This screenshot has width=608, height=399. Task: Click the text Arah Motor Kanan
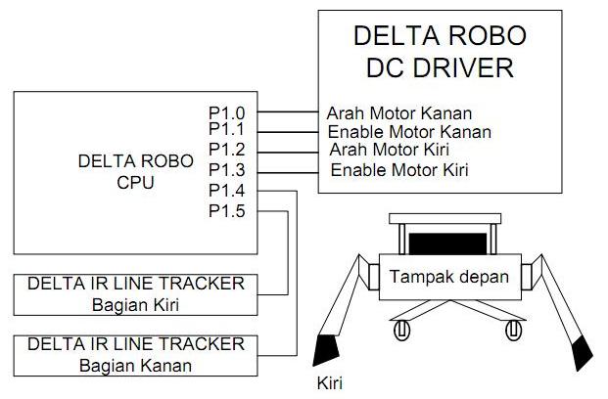(x=398, y=112)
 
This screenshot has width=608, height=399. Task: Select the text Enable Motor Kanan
(x=409, y=131)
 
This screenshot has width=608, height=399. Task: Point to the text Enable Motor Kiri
(x=399, y=170)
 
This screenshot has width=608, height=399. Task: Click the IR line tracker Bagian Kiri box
(x=136, y=293)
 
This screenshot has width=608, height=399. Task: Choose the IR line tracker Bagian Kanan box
(x=136, y=356)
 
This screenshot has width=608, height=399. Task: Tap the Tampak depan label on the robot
(x=449, y=277)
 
